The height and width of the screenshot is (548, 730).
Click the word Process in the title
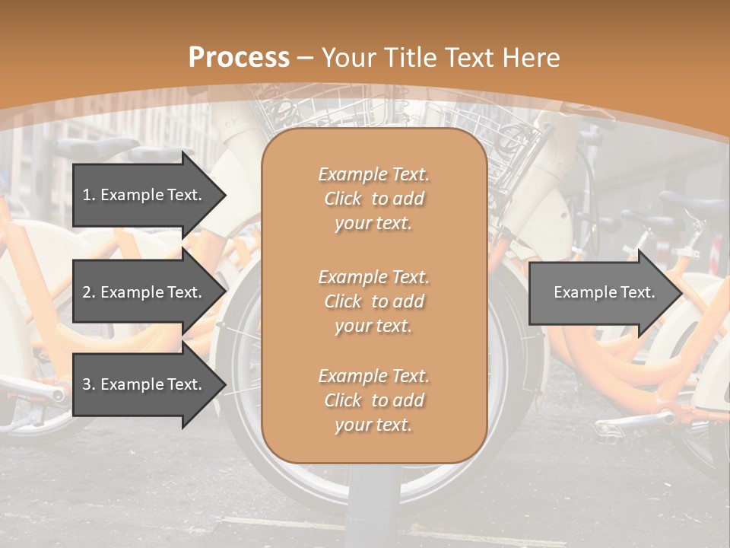[239, 57]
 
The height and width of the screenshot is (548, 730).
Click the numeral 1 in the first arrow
[86, 195]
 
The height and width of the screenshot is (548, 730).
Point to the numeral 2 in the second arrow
[86, 292]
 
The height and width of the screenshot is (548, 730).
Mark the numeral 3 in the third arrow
[86, 384]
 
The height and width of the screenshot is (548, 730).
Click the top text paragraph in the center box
[373, 199]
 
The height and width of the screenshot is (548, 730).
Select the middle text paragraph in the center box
[373, 301]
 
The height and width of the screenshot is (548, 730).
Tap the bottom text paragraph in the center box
[373, 400]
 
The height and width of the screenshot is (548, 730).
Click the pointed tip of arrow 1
[224, 195]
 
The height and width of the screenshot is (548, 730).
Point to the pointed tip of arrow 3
[224, 384]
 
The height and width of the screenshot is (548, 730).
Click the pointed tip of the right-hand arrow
[681, 293]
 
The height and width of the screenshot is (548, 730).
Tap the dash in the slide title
[306, 58]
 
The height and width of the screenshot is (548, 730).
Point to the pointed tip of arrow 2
[224, 292]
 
